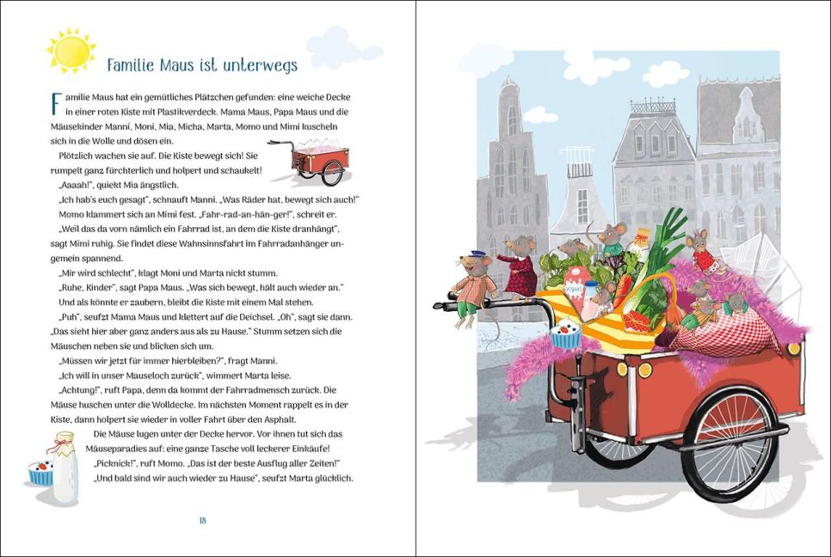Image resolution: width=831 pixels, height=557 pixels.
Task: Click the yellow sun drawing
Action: coord(71,51)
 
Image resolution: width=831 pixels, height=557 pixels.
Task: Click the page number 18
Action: coord(202,520)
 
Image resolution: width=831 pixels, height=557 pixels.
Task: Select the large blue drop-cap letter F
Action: coord(56,104)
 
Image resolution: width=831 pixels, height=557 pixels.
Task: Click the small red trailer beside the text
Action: coord(312,161)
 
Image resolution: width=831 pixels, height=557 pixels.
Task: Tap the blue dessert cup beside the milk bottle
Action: coord(40,472)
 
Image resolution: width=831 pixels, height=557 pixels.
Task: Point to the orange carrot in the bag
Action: coord(623,291)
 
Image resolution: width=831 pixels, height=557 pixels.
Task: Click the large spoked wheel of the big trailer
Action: coord(731,444)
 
